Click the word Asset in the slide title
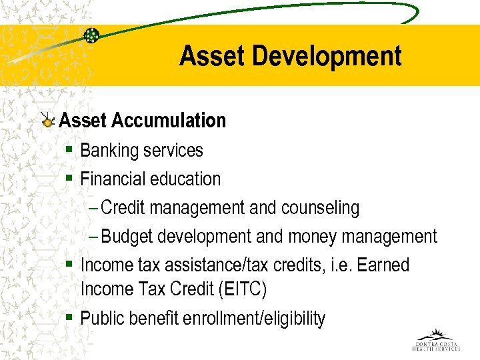(203, 56)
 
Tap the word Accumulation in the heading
(169, 121)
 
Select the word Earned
(383, 265)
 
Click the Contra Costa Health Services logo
(436, 340)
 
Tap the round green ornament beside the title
(91, 35)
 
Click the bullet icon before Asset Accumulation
(47, 121)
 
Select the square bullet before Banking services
(69, 150)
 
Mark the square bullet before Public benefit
(69, 317)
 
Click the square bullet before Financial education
(69, 179)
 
